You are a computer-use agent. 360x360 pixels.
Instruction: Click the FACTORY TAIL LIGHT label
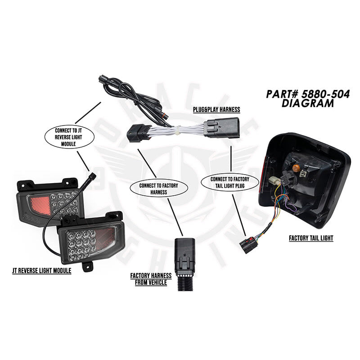click(311, 238)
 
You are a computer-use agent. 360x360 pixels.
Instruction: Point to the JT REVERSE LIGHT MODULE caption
click(42, 271)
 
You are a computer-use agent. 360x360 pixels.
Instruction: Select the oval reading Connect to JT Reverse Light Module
click(69, 137)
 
